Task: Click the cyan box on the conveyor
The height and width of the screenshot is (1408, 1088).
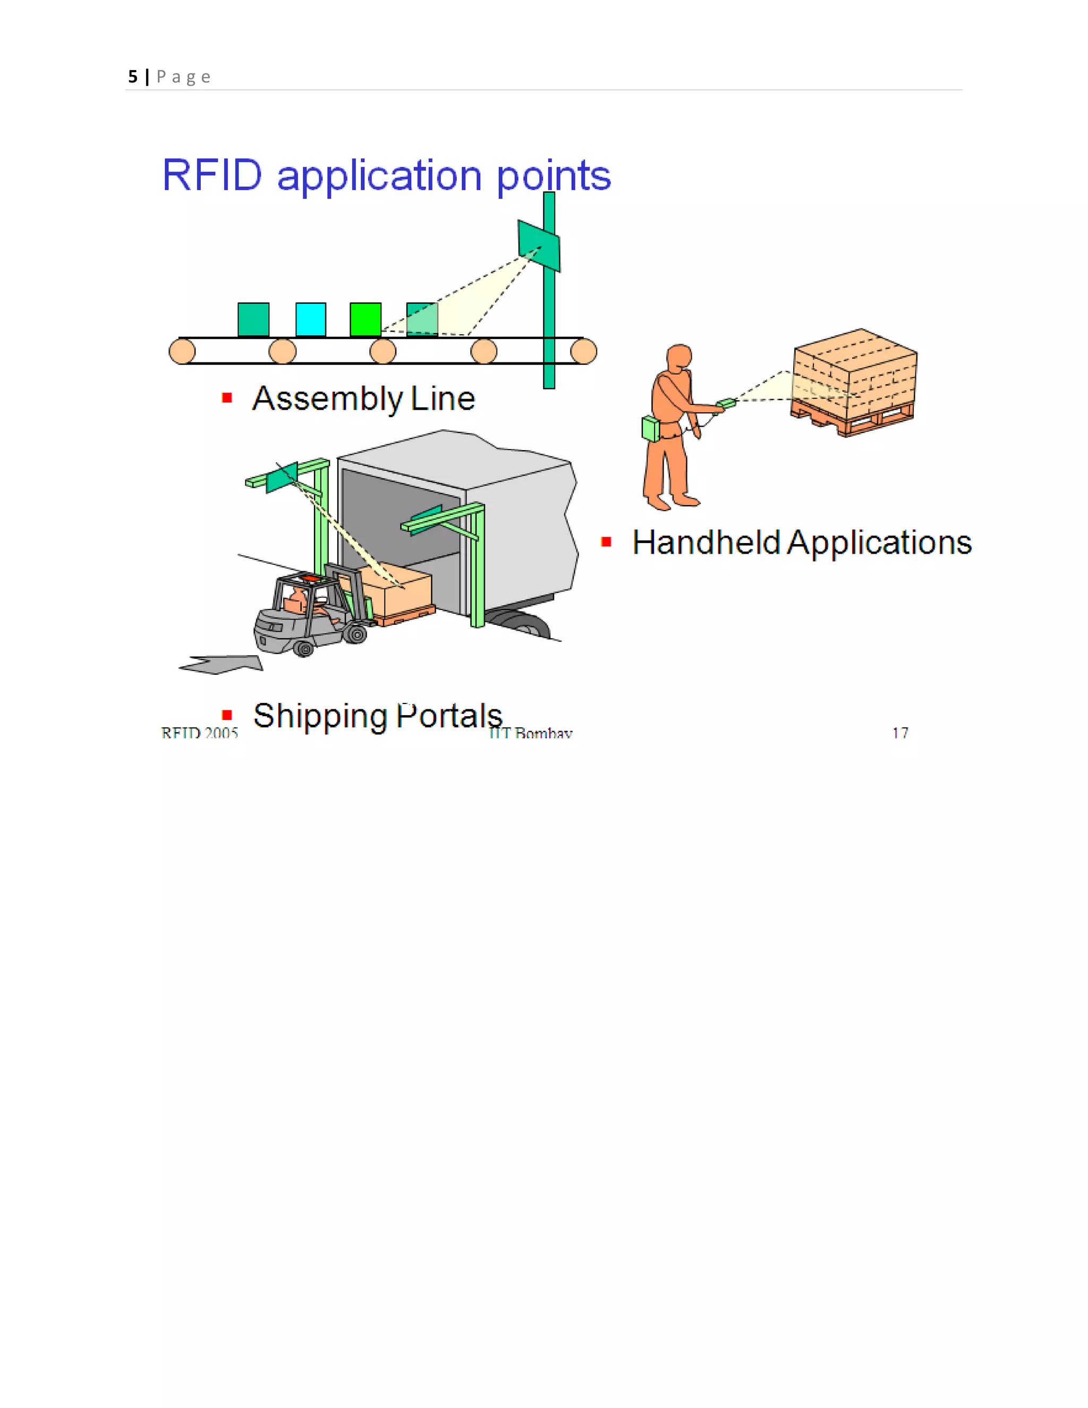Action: (x=311, y=319)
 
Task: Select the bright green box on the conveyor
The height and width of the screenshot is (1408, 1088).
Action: (x=365, y=319)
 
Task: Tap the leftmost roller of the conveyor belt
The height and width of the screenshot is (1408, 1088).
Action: (x=182, y=351)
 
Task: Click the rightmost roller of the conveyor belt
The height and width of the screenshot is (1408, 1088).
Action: (x=583, y=351)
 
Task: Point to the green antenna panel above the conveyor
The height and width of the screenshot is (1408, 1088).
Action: (x=539, y=245)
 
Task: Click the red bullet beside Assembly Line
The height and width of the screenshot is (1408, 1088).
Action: (x=227, y=398)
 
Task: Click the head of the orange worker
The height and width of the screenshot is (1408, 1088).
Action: (x=679, y=357)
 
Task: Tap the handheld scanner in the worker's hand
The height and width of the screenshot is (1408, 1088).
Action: (x=726, y=404)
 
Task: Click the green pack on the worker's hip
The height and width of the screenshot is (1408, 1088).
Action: (x=651, y=429)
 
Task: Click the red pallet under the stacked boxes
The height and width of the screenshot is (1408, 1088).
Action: (x=851, y=419)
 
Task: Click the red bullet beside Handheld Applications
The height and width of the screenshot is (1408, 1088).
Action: (x=606, y=541)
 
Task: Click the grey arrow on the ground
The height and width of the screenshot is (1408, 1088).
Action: (x=223, y=665)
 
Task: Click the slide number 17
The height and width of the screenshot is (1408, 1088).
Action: (x=900, y=733)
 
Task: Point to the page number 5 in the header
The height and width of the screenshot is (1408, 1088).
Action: (x=133, y=77)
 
